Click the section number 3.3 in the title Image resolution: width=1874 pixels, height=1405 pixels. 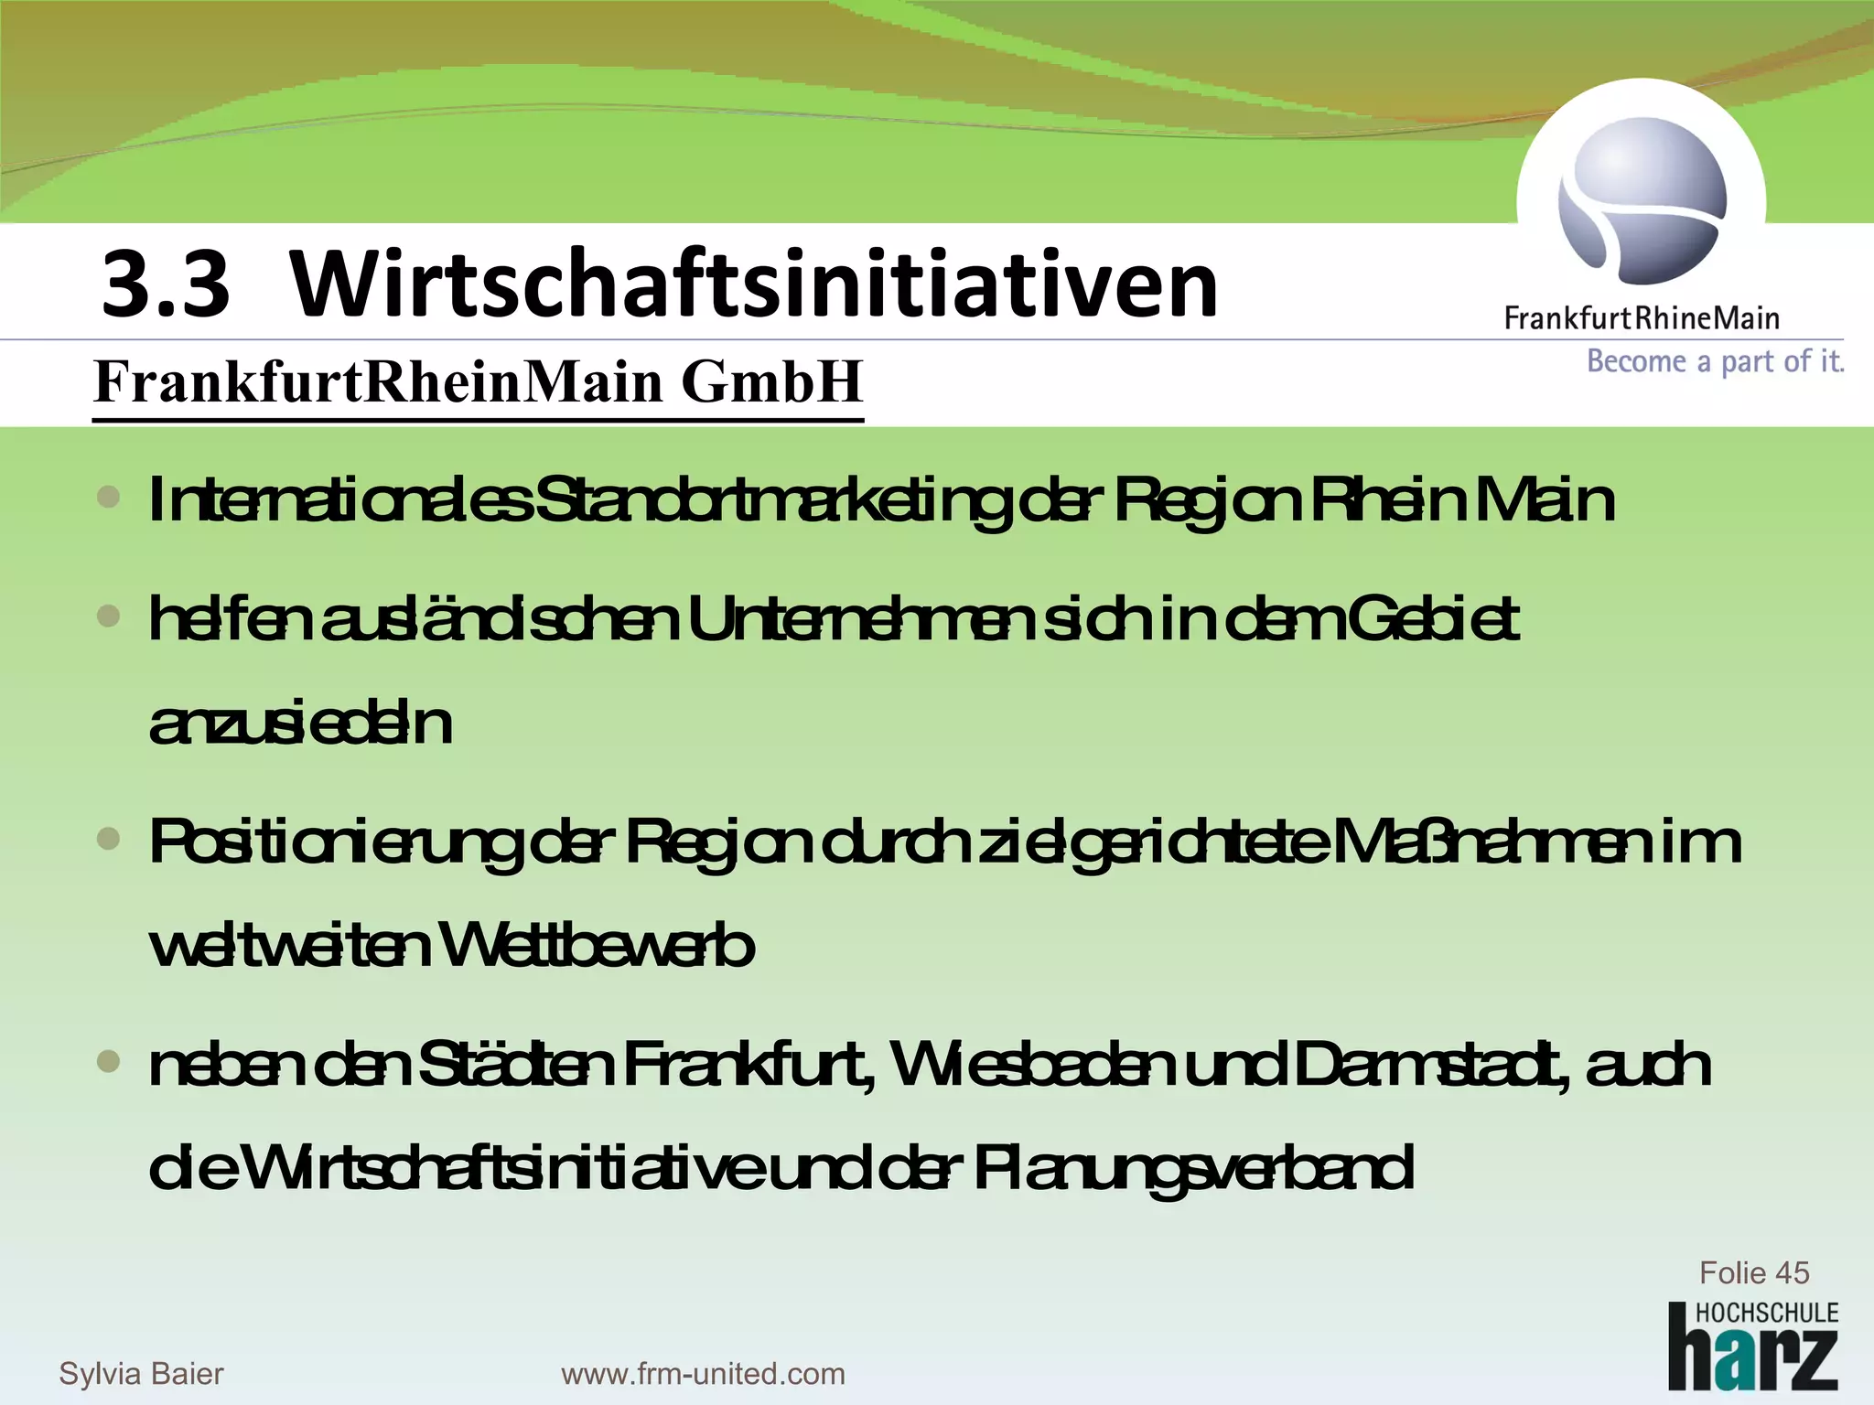tap(165, 285)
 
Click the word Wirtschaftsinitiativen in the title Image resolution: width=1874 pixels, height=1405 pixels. tap(753, 285)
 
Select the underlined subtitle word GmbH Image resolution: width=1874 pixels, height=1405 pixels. tap(771, 381)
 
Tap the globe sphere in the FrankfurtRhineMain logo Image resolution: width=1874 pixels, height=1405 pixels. tap(1642, 199)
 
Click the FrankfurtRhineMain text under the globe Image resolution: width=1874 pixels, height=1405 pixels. tap(1642, 318)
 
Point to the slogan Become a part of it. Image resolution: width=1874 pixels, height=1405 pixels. tap(1715, 362)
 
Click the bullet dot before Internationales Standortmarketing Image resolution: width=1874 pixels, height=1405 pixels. tap(109, 498)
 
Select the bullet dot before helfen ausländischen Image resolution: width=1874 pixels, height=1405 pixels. tap(109, 617)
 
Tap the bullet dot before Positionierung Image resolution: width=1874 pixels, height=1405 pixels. tap(109, 839)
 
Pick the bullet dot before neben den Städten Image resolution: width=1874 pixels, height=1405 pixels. tap(109, 1062)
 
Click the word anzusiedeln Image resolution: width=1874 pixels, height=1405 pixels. tap(300, 724)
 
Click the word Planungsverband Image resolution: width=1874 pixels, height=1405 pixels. tap(1193, 1168)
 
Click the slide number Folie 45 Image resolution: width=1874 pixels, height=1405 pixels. tap(1753, 1272)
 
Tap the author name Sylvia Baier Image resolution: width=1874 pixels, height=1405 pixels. tap(141, 1373)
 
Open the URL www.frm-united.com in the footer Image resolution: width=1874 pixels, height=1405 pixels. tap(703, 1373)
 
